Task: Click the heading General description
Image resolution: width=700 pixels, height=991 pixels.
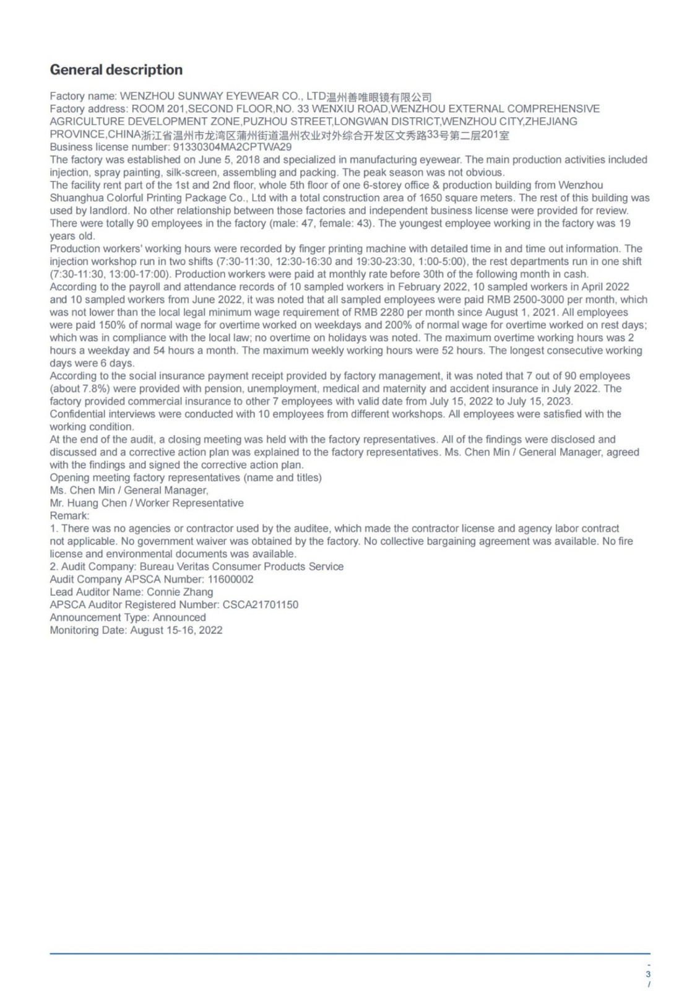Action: [x=116, y=70]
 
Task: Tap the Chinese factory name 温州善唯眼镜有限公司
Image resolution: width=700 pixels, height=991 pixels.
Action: [x=379, y=97]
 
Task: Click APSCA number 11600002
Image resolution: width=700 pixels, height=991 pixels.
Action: [x=230, y=579]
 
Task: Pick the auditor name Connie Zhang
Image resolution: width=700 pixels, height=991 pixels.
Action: [x=179, y=592]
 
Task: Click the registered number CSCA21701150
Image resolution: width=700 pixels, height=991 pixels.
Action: [x=260, y=605]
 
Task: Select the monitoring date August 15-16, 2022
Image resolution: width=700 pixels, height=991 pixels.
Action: [x=176, y=630]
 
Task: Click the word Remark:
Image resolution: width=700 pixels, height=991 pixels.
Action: [x=69, y=515]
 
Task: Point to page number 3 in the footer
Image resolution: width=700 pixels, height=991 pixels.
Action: [x=648, y=974]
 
